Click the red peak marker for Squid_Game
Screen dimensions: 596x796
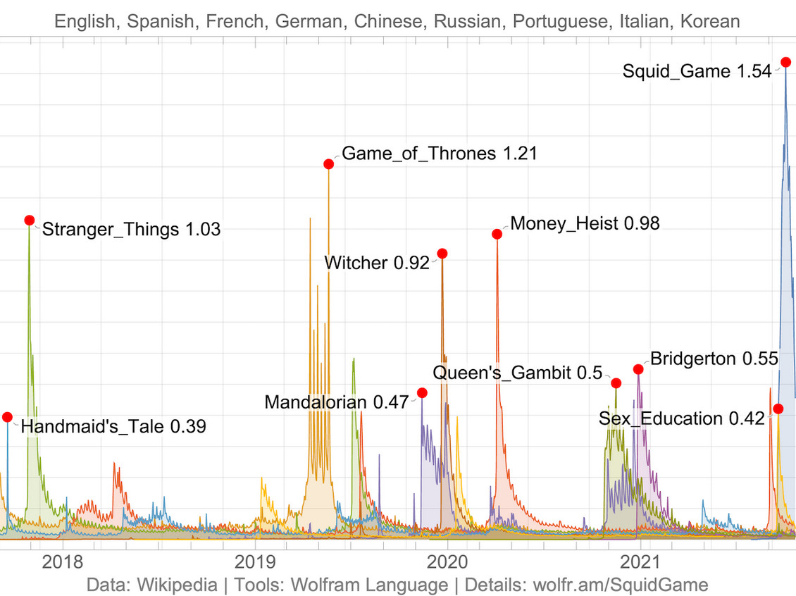[785, 63]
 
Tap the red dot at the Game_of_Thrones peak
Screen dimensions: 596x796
[328, 164]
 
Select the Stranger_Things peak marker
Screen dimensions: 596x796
[30, 221]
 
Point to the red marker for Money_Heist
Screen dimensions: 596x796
[497, 234]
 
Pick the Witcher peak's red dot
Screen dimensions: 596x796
[442, 254]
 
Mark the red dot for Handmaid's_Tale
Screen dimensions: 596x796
[7, 417]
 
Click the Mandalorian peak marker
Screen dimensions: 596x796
[422, 392]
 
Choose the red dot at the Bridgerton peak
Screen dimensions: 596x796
[638, 369]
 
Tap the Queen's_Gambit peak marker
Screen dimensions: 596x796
[616, 383]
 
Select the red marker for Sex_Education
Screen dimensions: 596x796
[778, 409]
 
